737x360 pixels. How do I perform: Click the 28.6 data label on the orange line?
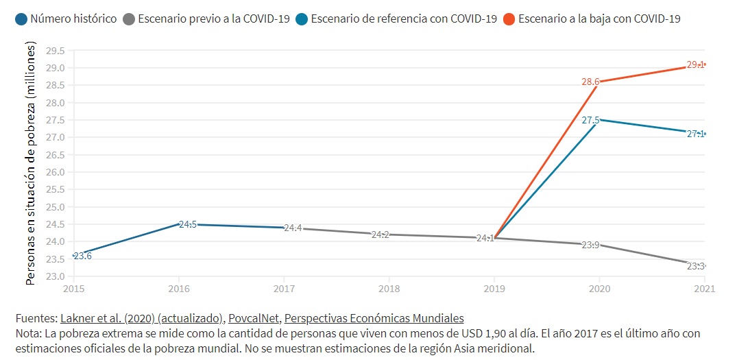coord(590,82)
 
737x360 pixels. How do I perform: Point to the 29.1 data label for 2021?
coord(696,65)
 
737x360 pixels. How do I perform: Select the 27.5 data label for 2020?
coord(590,120)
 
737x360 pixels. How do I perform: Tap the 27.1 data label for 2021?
coord(696,134)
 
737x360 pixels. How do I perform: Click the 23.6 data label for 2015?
coord(82,256)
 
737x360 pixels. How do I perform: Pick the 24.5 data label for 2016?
coord(188,224)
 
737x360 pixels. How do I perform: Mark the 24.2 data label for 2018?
coord(380,235)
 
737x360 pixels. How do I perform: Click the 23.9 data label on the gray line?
coord(590,245)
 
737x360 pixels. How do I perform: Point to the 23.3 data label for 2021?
coord(696,266)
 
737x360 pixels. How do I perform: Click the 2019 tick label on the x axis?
coord(494,289)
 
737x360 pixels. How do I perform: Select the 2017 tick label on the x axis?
coord(284,289)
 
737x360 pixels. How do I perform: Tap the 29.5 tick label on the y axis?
coord(55,51)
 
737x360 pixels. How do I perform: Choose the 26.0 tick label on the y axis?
coord(55,172)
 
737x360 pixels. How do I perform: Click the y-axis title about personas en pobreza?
coord(31,163)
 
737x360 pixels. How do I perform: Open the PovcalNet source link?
coord(254,318)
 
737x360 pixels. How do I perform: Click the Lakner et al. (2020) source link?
coord(142,318)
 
